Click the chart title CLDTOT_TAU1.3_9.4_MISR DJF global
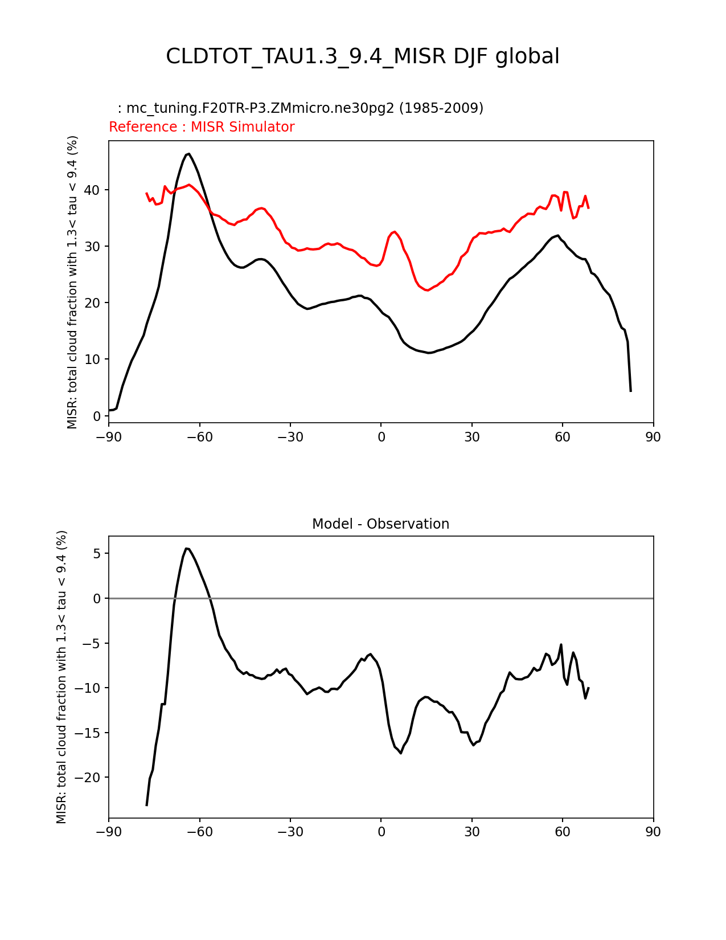(x=363, y=56)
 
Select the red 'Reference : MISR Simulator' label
(x=202, y=127)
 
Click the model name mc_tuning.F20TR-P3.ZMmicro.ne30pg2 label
(x=300, y=108)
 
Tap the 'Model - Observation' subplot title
(x=380, y=524)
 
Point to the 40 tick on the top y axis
(x=97, y=190)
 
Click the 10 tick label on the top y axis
(x=97, y=359)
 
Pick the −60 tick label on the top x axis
(x=199, y=437)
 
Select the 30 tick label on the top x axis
(x=472, y=437)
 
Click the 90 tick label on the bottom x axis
(x=653, y=832)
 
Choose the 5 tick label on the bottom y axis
(x=97, y=554)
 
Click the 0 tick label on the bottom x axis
(x=381, y=832)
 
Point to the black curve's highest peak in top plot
(x=188, y=153)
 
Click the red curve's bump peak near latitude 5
(x=394, y=231)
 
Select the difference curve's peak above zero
(x=186, y=548)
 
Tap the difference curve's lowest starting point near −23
(x=147, y=805)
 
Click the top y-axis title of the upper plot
(x=72, y=282)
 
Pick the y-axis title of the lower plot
(x=61, y=677)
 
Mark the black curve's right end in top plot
(x=630, y=391)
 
